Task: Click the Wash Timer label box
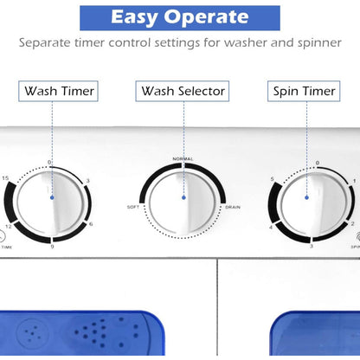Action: click(x=59, y=90)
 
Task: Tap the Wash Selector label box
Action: click(x=182, y=90)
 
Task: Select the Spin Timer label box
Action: click(x=305, y=90)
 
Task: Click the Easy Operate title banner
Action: click(x=180, y=17)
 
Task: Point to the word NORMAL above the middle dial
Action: click(x=183, y=159)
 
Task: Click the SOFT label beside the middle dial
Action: click(x=133, y=207)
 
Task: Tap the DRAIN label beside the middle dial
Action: click(x=233, y=207)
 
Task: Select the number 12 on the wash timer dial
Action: click(x=10, y=227)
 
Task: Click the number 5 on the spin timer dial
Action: click(x=273, y=180)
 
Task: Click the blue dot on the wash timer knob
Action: click(x=52, y=198)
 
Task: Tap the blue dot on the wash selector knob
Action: click(x=183, y=198)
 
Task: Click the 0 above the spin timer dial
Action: click(x=318, y=163)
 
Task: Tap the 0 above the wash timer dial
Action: click(x=49, y=163)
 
